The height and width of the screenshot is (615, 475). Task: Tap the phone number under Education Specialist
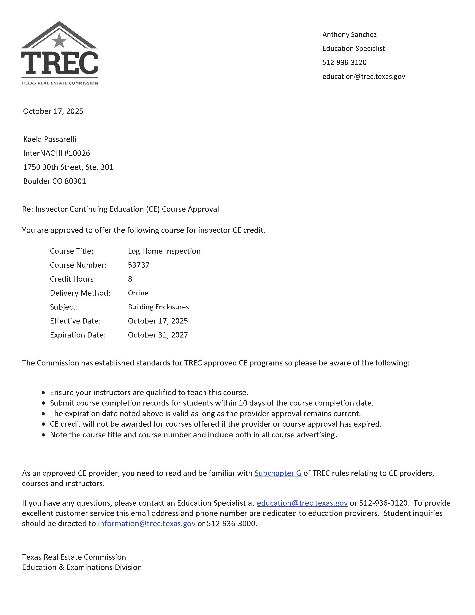344,62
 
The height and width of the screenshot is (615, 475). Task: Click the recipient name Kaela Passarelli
50,139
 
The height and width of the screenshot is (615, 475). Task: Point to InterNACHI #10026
57,153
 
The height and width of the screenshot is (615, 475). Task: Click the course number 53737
138,265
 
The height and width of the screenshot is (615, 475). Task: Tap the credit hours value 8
130,279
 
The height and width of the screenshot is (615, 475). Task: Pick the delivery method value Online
138,293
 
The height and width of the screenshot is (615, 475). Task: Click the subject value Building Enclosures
158,307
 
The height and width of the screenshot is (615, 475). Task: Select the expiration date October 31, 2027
158,335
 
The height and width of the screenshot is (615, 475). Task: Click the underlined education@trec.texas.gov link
302,503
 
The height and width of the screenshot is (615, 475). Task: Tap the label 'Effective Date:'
75,321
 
